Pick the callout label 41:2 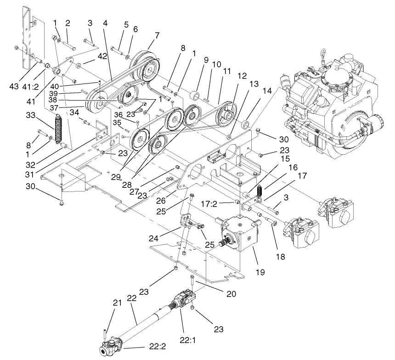click(39, 86)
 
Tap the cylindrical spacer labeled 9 click(195, 97)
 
